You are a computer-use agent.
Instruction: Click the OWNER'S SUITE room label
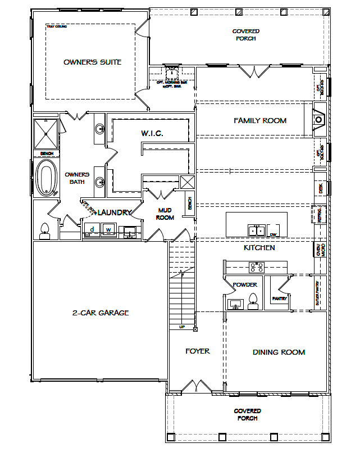click(92, 62)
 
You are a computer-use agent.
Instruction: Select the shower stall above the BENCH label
click(45, 134)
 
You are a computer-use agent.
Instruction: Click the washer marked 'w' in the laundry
click(109, 229)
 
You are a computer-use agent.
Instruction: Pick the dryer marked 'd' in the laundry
click(92, 229)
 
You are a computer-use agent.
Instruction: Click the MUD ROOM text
click(165, 213)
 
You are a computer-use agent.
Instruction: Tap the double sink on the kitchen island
click(257, 229)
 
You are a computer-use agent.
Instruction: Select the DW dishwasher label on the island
click(273, 234)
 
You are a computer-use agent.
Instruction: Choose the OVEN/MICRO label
click(318, 249)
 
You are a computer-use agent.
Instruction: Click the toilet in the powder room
click(253, 301)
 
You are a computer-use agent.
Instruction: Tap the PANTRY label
click(279, 299)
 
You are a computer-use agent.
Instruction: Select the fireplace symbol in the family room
click(318, 119)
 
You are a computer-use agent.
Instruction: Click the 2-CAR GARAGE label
click(100, 313)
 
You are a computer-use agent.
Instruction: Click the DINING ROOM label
click(279, 352)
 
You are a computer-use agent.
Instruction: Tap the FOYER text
click(198, 351)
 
